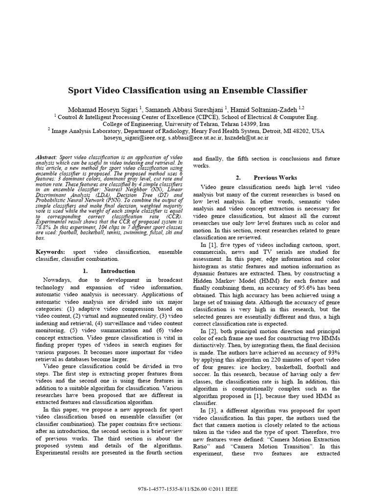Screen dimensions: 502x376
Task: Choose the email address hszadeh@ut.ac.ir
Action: pyautogui.click(x=245, y=138)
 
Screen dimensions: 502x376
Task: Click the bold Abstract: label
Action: pyautogui.click(x=47, y=156)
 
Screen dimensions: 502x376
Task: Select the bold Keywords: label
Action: pyautogui.click(x=51, y=251)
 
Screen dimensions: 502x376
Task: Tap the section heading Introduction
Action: pyautogui.click(x=117, y=271)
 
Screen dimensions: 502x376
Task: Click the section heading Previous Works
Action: pyautogui.click(x=275, y=177)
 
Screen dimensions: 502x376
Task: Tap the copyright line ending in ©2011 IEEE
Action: pyautogui.click(x=188, y=490)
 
